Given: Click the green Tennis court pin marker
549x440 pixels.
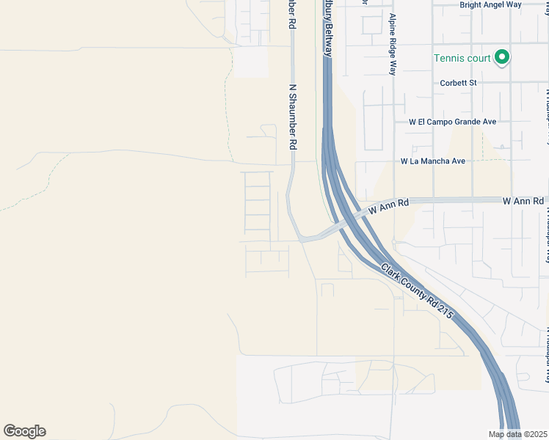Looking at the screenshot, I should [502, 56].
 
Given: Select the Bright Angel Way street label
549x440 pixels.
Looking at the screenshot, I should [490, 4].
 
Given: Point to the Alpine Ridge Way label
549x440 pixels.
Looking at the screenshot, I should [393, 44].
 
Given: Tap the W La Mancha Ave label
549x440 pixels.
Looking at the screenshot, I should [433, 161].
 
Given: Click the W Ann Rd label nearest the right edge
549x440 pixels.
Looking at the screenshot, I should [523, 200].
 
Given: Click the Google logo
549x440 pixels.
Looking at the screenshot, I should [24, 431].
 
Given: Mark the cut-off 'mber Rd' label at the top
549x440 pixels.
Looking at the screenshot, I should [291, 15].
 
